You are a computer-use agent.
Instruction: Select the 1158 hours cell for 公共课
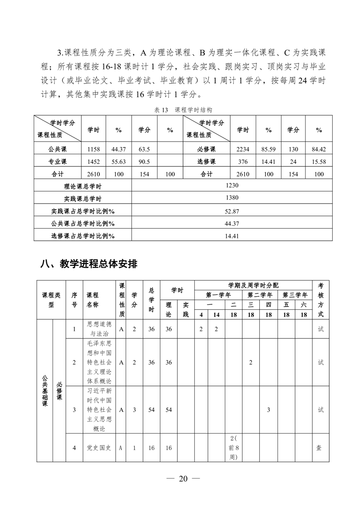tap(93, 149)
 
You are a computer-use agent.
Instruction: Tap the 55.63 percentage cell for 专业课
tap(118, 162)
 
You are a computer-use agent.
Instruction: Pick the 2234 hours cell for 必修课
tap(243, 149)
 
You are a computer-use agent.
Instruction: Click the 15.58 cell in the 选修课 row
tap(319, 162)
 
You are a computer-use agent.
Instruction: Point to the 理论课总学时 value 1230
tap(232, 186)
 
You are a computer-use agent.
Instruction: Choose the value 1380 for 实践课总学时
tap(232, 198)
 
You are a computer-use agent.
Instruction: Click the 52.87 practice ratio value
tap(232, 211)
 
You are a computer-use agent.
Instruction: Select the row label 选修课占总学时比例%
tap(83, 236)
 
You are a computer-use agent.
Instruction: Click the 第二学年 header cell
tap(260, 295)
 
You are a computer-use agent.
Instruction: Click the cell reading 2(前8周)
tap(234, 448)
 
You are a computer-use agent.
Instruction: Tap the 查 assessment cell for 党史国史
tap(320, 448)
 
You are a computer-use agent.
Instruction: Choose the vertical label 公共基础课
tap(44, 390)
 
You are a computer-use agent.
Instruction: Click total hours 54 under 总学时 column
tap(151, 410)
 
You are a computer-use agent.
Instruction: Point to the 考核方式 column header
tap(320, 300)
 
